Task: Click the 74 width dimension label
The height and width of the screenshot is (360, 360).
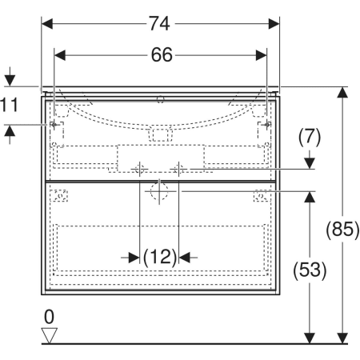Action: (x=159, y=24)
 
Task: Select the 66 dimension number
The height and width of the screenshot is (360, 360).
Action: (x=162, y=55)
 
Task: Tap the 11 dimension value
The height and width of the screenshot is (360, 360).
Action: (x=10, y=105)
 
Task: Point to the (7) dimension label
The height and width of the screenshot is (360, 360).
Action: (x=310, y=137)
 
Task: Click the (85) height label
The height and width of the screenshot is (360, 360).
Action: (x=342, y=229)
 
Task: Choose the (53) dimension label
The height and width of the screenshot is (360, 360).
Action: (x=310, y=270)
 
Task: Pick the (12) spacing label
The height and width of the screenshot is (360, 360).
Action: (x=160, y=258)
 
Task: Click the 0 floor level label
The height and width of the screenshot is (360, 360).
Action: (x=49, y=317)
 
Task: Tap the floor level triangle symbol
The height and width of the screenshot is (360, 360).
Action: (x=50, y=335)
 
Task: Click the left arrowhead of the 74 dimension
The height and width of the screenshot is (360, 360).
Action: (x=47, y=24)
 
